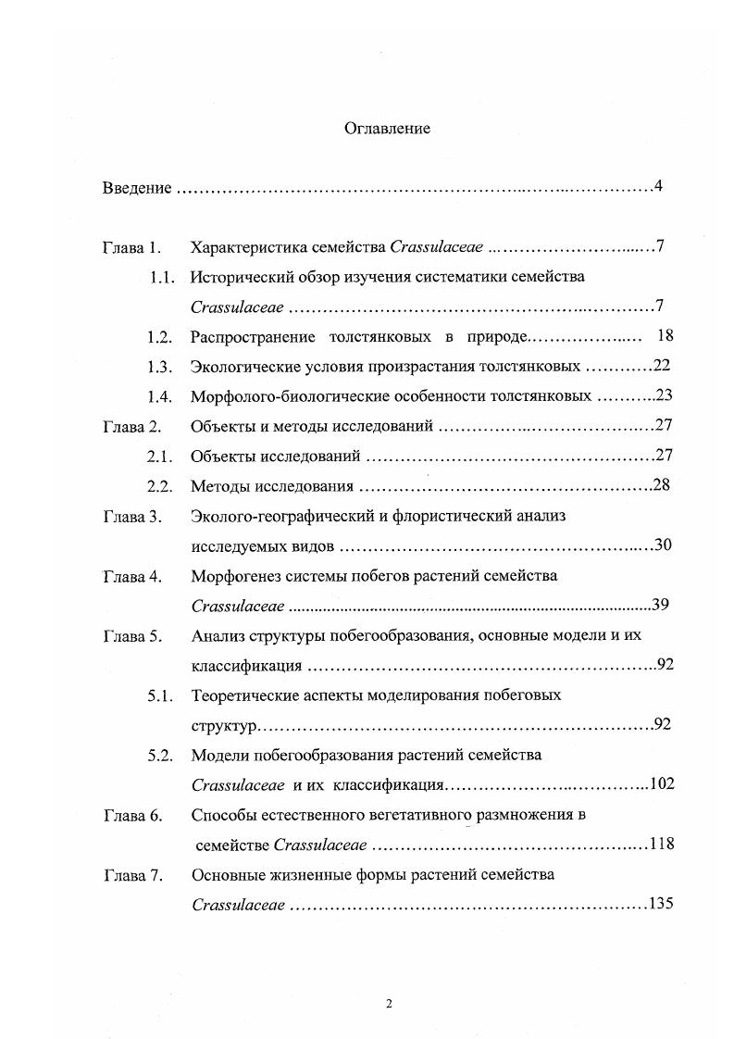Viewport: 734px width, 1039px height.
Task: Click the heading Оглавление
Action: pos(387,129)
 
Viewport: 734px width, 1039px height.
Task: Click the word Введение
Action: pos(136,188)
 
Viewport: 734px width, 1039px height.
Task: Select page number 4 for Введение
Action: pos(657,187)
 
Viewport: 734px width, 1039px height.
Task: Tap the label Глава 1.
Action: pos(132,247)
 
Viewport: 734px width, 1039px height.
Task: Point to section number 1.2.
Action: pos(161,336)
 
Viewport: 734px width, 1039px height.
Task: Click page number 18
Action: pos(664,335)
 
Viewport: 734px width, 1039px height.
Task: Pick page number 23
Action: pos(663,396)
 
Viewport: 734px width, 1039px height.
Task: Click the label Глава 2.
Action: pos(132,427)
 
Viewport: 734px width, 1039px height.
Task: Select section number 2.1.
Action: pos(161,457)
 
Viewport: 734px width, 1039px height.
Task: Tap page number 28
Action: pos(661,485)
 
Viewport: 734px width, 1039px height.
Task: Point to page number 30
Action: pos(663,545)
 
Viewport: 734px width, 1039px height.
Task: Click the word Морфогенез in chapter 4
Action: pos(232,576)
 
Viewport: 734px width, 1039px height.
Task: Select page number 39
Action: pos(660,606)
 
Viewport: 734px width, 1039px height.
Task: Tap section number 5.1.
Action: pos(161,695)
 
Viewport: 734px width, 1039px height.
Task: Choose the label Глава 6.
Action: pos(132,815)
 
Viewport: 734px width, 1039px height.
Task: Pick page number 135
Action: pos(661,904)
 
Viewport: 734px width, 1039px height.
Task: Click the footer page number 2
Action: pos(390,1003)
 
